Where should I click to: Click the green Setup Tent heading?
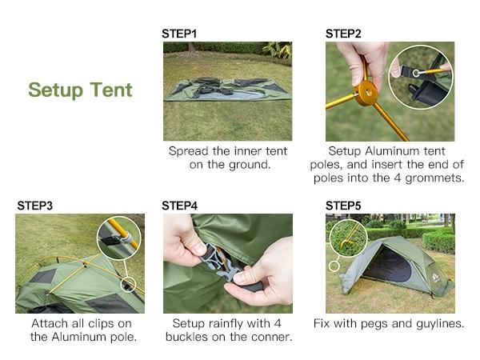click(x=80, y=90)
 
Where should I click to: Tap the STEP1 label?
click(x=179, y=34)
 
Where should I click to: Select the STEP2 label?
click(x=343, y=34)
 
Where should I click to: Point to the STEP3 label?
click(x=35, y=206)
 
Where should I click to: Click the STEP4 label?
click(x=179, y=206)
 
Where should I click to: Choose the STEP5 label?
click(x=343, y=206)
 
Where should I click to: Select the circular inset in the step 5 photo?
click(x=348, y=238)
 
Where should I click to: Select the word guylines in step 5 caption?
click(x=438, y=324)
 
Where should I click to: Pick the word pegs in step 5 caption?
click(x=372, y=324)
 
